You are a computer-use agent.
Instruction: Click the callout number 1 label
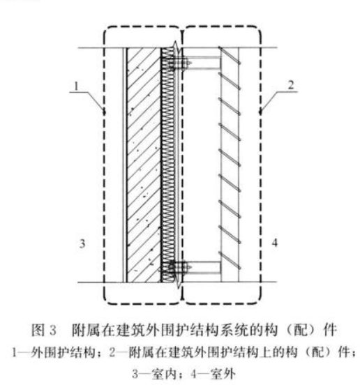click(77, 86)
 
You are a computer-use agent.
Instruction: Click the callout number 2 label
click(291, 85)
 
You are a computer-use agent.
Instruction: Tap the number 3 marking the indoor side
click(82, 243)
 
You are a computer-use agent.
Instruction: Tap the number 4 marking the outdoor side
click(275, 243)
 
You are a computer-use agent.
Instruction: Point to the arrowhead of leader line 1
click(104, 112)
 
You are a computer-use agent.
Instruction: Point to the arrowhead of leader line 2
click(261, 112)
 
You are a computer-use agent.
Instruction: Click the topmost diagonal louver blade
click(230, 55)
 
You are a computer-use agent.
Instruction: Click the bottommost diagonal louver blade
click(230, 260)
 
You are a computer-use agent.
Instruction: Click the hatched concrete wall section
click(144, 165)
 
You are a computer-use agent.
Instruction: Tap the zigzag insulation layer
click(168, 165)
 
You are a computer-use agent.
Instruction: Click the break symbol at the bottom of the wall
click(179, 282)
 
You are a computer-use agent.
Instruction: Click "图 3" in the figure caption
click(44, 330)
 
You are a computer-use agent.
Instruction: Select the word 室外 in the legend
click(223, 375)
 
